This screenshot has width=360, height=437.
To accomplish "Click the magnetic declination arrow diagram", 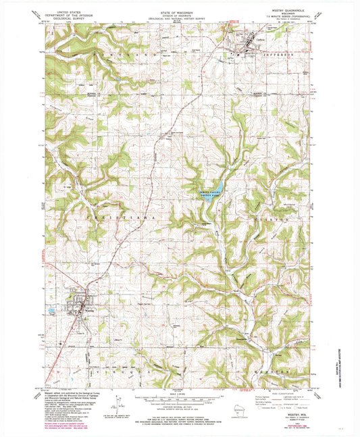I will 120,405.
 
